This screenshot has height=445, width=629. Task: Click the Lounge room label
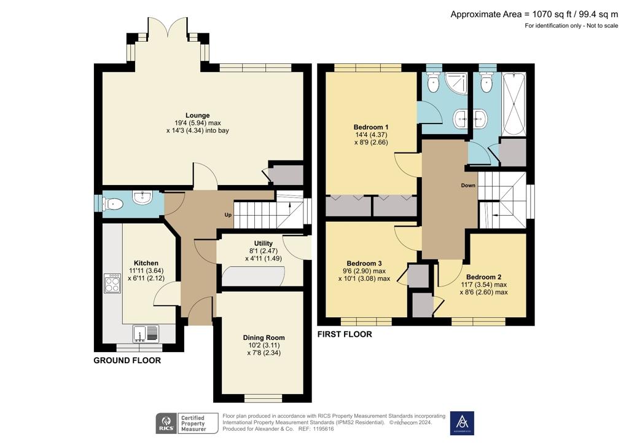[x=197, y=116]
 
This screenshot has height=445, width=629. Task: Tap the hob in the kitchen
[x=112, y=284]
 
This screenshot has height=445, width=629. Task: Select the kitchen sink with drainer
[x=146, y=333]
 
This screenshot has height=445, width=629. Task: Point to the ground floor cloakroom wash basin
[x=143, y=197]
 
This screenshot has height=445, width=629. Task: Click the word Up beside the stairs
[x=228, y=215]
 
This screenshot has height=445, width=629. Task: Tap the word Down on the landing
[x=468, y=186]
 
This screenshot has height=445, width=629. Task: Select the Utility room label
[x=263, y=243]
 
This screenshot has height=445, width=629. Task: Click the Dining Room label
[x=264, y=338]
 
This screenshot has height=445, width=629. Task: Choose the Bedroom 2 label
[x=484, y=277]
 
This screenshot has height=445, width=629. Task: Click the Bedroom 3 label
[x=364, y=264]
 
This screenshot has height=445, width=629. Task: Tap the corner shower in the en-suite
[x=456, y=84]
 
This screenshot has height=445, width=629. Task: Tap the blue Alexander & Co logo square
[x=462, y=423]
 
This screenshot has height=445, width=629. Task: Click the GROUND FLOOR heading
[x=127, y=360]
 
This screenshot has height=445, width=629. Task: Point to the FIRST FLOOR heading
[x=345, y=334]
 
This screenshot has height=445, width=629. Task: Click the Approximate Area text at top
[x=534, y=15]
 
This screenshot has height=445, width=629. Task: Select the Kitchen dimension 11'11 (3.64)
[x=146, y=271]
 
